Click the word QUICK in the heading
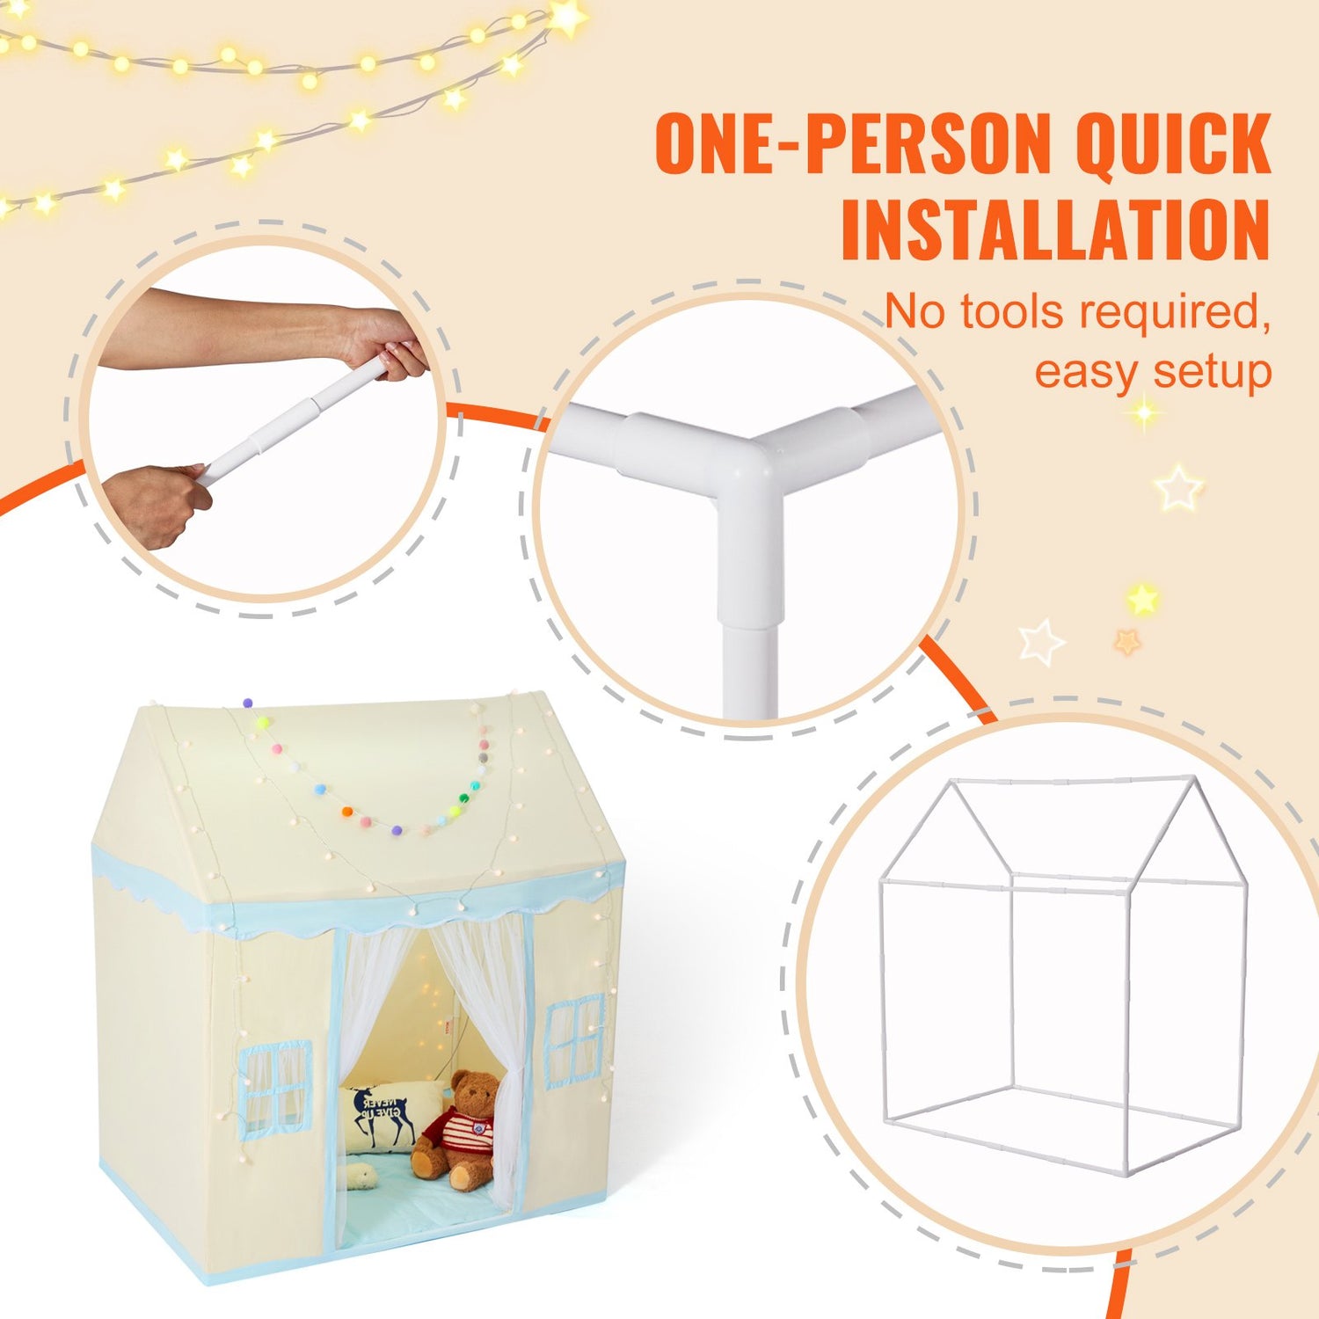pos(1173,143)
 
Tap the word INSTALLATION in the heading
pos(1055,230)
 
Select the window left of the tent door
pos(275,1085)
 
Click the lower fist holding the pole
pos(158,506)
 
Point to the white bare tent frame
pos(1064,976)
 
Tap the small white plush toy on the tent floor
pos(361,1175)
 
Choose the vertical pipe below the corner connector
pos(750,668)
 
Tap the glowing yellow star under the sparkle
pos(1142,600)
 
